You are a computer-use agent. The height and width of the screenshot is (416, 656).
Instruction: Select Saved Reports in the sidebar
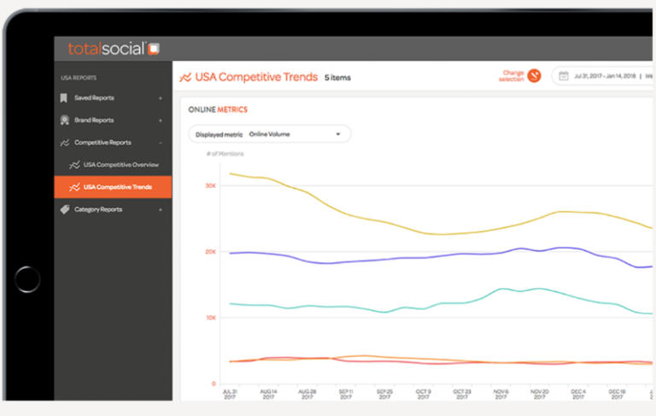coord(94,98)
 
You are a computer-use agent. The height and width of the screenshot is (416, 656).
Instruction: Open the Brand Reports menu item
coord(94,120)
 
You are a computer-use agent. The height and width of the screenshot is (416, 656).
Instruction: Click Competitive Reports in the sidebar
coord(102,143)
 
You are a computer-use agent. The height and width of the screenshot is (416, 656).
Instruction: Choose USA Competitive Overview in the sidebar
coord(120,165)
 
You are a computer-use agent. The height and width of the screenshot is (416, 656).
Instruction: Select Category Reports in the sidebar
coord(98,209)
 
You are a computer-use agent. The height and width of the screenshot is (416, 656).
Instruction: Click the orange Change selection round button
coord(534,76)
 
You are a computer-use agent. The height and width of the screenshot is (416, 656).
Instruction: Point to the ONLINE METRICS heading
coord(218,109)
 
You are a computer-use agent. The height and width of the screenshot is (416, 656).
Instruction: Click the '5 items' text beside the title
coord(337,78)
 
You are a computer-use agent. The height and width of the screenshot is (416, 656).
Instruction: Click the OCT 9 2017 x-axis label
coord(422,394)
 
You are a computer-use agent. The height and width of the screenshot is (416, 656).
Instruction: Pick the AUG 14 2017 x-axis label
coord(267,394)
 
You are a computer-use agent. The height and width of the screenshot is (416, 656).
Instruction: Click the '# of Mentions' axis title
coord(225,154)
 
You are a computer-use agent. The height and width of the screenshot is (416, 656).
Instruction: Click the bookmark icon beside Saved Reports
coord(64,98)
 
